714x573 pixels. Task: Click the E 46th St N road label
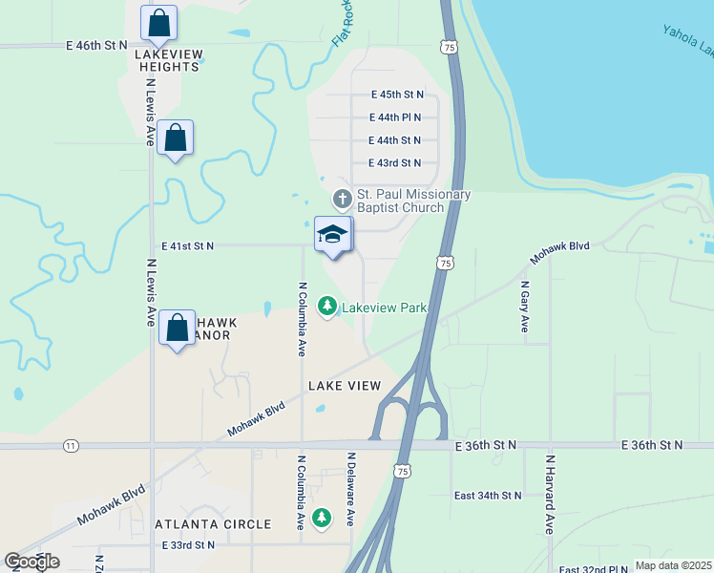[96, 45]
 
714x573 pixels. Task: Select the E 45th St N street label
[401, 95]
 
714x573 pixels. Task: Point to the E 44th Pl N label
[401, 117]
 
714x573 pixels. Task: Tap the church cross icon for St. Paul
[342, 200]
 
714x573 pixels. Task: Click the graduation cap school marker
[332, 234]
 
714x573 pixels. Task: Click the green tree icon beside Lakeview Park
[328, 306]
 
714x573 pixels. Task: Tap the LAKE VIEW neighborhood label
[345, 386]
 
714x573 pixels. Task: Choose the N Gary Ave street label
[524, 307]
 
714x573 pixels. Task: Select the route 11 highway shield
[71, 446]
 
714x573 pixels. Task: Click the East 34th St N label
[488, 496]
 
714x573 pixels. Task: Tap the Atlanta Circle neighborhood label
[213, 524]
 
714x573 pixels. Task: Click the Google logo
[31, 562]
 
